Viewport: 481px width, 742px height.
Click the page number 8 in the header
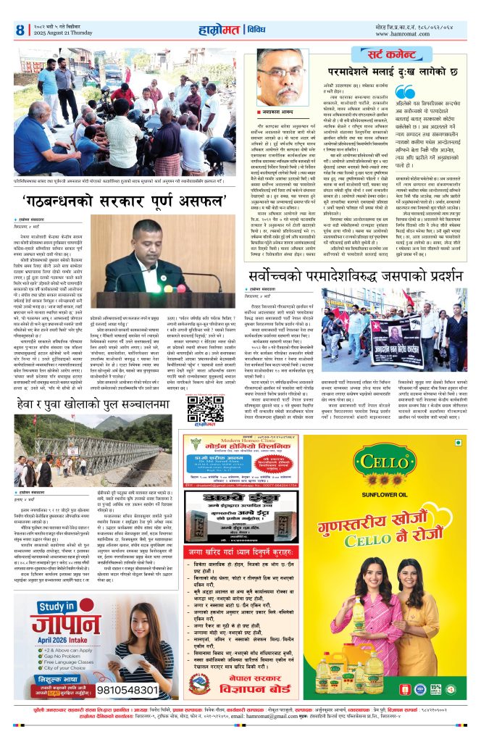pos(20,30)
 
